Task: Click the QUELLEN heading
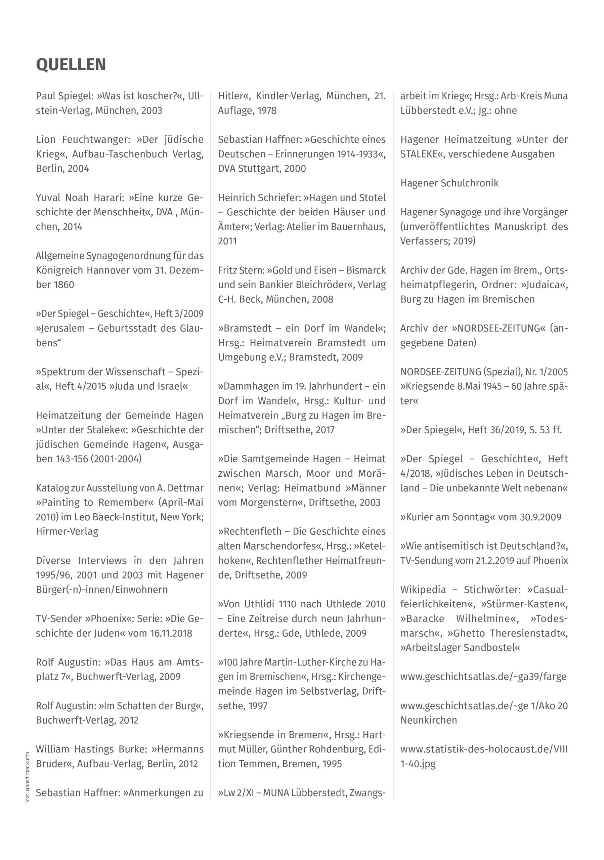point(71,65)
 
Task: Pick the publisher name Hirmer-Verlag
point(67,531)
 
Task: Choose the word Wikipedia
point(423,590)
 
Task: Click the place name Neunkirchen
point(429,720)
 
